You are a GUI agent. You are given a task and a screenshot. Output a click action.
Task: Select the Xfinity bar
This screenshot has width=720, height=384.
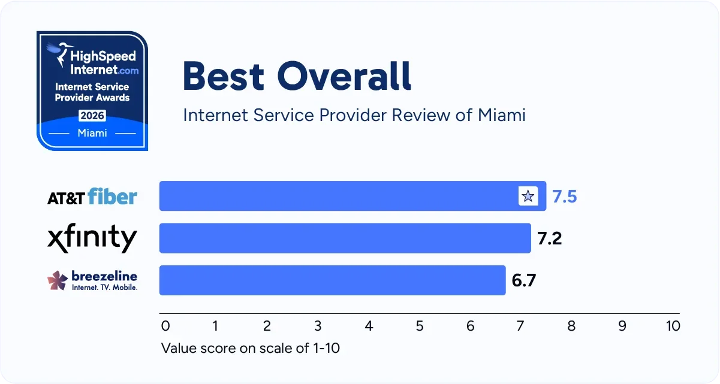pos(345,238)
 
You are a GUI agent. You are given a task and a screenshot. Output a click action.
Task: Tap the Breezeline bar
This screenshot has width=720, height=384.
pos(332,280)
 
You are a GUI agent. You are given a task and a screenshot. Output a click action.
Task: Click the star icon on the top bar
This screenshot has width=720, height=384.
pos(528,196)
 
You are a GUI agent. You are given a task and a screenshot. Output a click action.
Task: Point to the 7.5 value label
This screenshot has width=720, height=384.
pos(564,196)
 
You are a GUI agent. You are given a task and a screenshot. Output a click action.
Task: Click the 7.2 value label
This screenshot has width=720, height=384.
pos(549,238)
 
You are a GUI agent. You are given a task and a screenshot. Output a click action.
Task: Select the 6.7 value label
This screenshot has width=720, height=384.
pos(523,280)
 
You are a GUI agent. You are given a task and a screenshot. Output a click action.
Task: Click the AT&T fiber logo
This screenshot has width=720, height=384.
pos(92,196)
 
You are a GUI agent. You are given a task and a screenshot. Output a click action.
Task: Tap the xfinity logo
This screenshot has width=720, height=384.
pos(92,238)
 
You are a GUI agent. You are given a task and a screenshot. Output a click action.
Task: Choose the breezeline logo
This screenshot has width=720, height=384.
pos(92,280)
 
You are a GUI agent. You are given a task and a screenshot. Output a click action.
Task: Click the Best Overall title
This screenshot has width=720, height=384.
pos(297,77)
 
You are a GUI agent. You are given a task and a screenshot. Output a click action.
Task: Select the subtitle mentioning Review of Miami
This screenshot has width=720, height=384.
pos(354,114)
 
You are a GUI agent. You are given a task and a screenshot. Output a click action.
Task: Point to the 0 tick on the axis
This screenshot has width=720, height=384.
pos(165,326)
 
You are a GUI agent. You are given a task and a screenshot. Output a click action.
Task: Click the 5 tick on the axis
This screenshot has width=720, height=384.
pos(419,326)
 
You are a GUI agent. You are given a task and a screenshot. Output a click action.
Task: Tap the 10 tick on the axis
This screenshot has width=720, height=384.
pos(673,326)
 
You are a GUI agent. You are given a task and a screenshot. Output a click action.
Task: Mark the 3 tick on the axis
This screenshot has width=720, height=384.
pos(318,326)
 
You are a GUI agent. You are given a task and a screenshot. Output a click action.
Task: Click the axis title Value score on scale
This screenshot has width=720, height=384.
pos(250,348)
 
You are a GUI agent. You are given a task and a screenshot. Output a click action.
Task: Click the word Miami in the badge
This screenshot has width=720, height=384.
pos(92,133)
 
